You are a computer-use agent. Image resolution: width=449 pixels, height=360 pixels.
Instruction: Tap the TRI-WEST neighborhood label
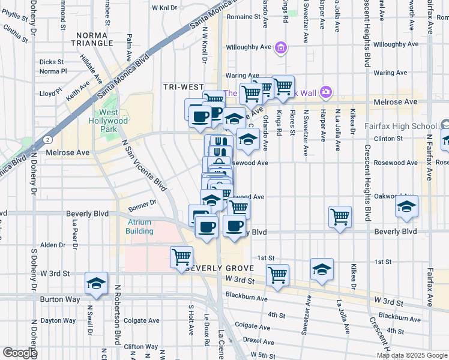click(184, 87)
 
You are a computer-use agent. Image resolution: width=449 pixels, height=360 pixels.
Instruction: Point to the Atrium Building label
click(139, 226)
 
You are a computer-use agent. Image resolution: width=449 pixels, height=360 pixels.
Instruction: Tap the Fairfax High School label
click(400, 126)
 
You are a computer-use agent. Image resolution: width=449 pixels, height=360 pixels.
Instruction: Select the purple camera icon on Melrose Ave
click(326, 92)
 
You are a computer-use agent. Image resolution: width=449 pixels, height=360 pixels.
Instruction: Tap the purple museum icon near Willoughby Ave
click(280, 47)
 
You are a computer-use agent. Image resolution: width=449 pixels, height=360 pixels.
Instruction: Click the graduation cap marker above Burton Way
click(96, 283)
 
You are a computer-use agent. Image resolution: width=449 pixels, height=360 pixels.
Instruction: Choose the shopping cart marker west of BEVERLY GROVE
click(181, 257)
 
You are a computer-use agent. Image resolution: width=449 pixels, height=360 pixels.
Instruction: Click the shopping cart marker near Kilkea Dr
click(340, 216)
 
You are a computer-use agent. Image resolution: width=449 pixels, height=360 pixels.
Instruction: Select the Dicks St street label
click(52, 62)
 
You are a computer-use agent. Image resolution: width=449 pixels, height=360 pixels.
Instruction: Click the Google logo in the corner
click(20, 353)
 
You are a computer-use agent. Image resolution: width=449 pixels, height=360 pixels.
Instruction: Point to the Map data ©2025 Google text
click(412, 355)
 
